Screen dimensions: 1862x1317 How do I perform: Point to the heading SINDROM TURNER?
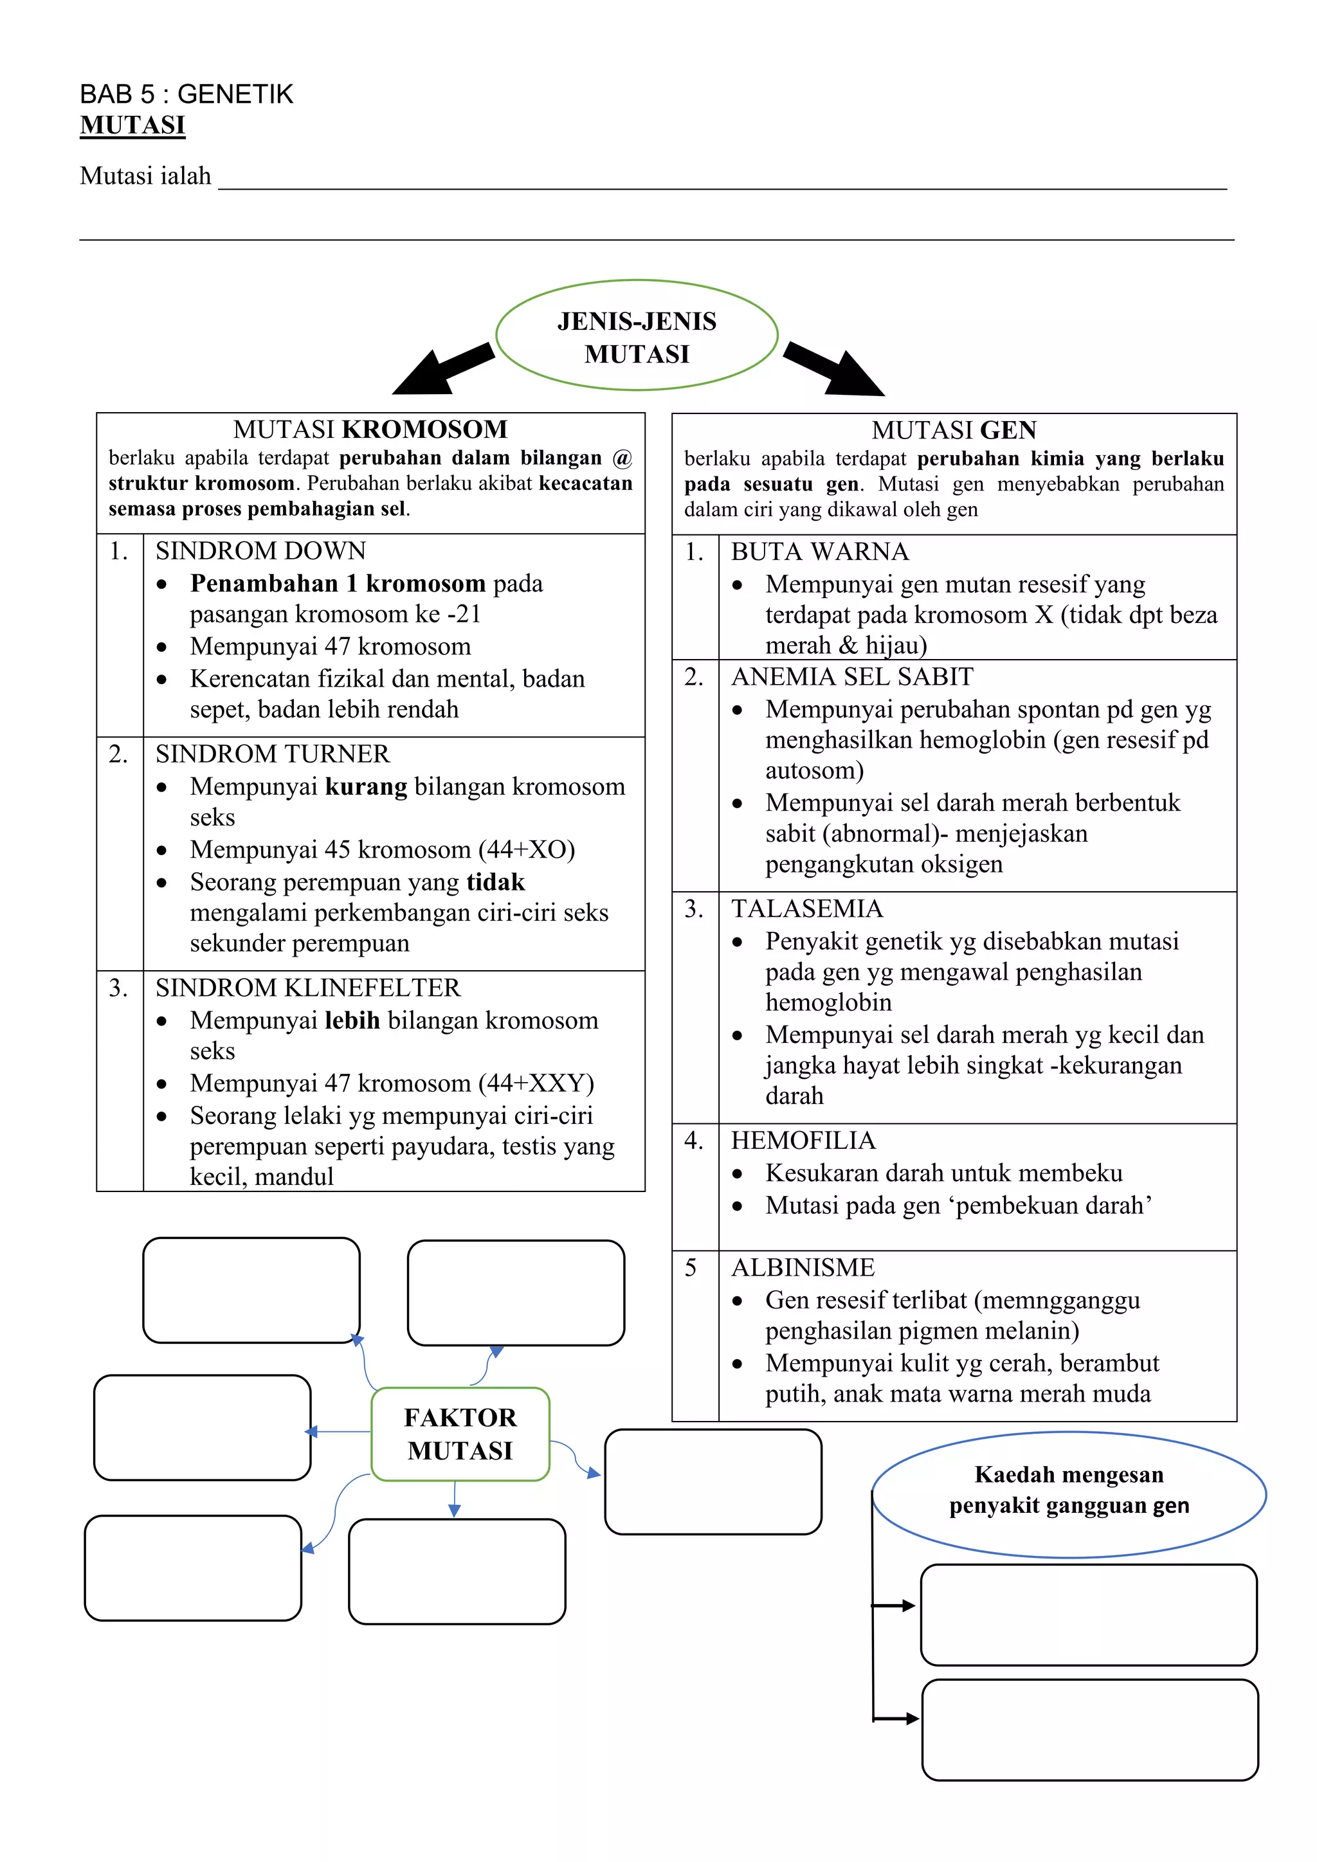coord(273,754)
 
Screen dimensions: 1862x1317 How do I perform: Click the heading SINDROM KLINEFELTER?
coord(307,987)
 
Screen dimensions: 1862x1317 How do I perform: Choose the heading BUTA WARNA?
coord(819,552)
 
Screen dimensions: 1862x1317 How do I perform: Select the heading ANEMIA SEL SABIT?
coord(851,676)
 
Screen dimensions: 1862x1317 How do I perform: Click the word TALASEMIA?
coord(806,908)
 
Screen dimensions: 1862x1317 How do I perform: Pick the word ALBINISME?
coord(803,1267)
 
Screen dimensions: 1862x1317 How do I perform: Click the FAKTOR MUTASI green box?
coord(460,1434)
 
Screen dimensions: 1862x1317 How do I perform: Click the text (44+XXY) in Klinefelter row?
coord(536,1083)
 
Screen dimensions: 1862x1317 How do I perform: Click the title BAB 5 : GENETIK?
coord(186,94)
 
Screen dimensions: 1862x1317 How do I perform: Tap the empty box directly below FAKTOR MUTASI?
coord(457,1571)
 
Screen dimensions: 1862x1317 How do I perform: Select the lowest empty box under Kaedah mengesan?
coord(1090,1729)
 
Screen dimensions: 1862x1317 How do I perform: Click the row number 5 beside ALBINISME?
coord(690,1267)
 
